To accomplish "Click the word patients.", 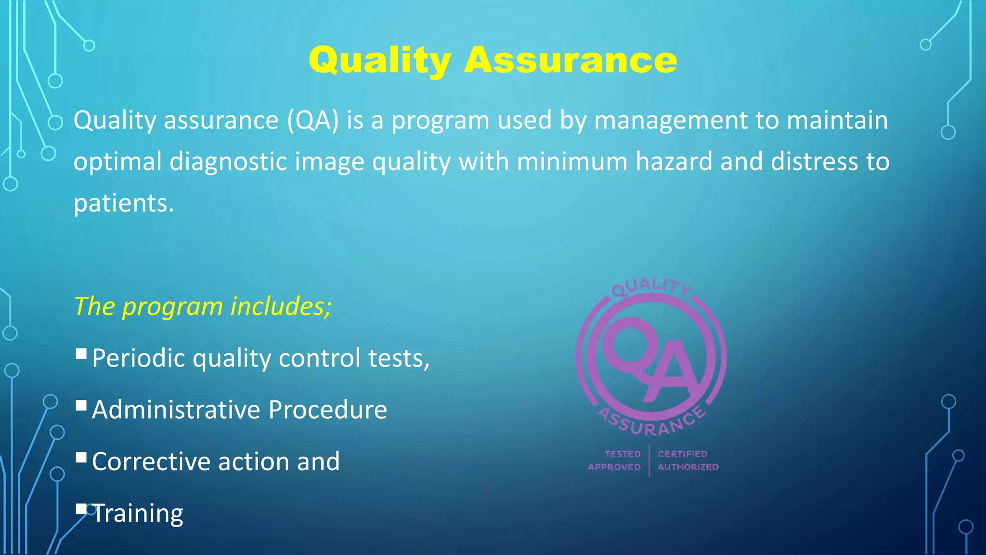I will [123, 203].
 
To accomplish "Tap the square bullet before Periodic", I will [81, 355].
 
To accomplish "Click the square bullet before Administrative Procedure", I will [81, 406].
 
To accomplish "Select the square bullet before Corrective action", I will [81, 457].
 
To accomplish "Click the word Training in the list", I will [138, 513].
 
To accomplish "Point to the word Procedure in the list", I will [327, 410].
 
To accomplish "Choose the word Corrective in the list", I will [151, 462].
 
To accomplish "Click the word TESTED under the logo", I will [623, 454].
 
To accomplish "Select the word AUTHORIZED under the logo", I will [688, 467].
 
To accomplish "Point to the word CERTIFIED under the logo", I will [683, 454].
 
